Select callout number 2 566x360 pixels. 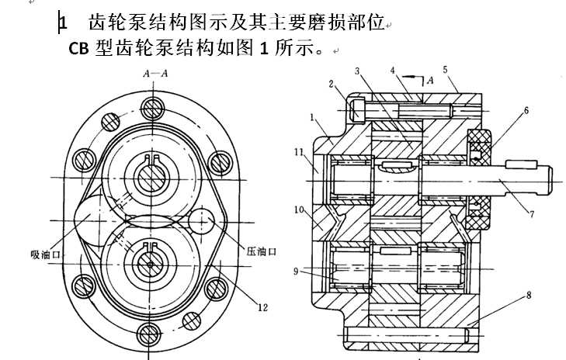tap(331, 83)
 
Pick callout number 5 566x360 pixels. tap(445, 70)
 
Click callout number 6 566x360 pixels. tap(526, 111)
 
